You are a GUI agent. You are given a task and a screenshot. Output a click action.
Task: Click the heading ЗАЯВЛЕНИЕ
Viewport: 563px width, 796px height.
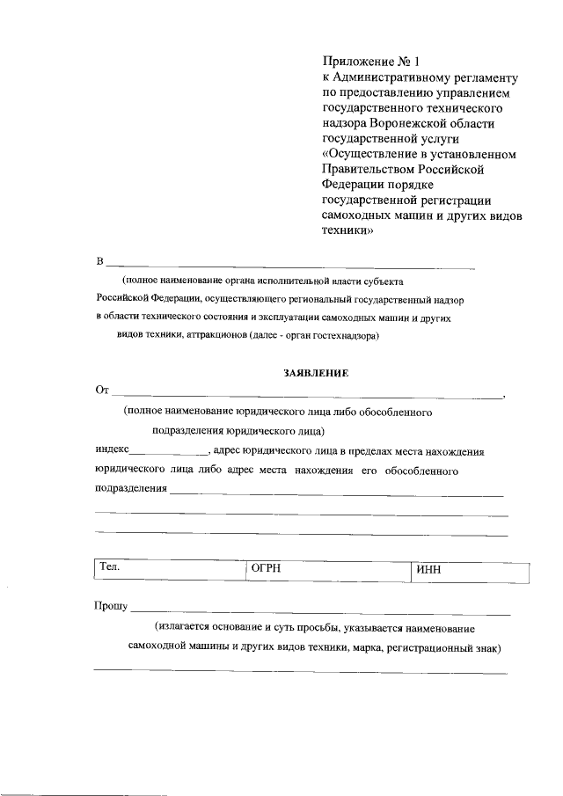click(316, 373)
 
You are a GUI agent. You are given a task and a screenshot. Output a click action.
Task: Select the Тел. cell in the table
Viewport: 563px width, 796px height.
click(168, 571)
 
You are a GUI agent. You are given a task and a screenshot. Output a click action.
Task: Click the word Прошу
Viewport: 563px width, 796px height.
click(111, 606)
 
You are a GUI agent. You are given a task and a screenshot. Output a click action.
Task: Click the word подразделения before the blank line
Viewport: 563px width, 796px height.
click(130, 487)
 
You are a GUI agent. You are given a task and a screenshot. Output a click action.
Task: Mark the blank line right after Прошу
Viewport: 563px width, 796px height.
click(321, 610)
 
